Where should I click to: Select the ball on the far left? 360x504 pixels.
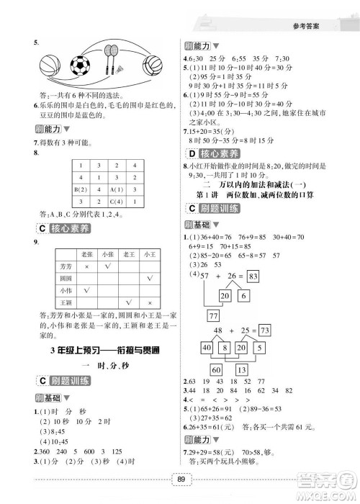51,67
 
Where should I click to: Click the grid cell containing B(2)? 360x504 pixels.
81,189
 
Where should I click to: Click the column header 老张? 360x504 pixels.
88,254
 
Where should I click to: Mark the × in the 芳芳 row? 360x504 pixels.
88,266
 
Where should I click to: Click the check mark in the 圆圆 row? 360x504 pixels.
150,277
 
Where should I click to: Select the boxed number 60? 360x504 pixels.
215,370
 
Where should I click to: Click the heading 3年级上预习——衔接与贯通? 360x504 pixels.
96,349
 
